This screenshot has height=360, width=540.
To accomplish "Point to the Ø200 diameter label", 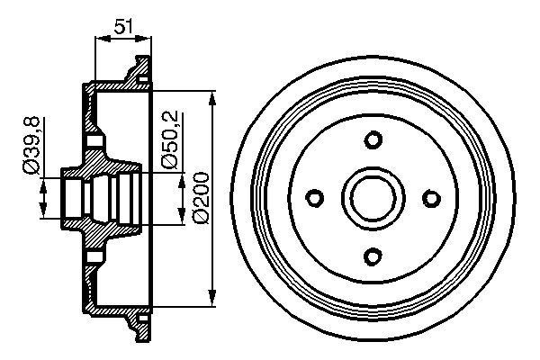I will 198,197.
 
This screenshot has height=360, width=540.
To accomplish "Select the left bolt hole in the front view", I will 316,197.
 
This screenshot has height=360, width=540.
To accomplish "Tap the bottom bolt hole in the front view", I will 373,255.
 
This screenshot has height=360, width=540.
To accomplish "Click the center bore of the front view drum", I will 373,197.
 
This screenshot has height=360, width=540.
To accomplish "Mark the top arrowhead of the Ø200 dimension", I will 211,96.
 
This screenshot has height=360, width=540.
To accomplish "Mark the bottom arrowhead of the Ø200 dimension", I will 211,300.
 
